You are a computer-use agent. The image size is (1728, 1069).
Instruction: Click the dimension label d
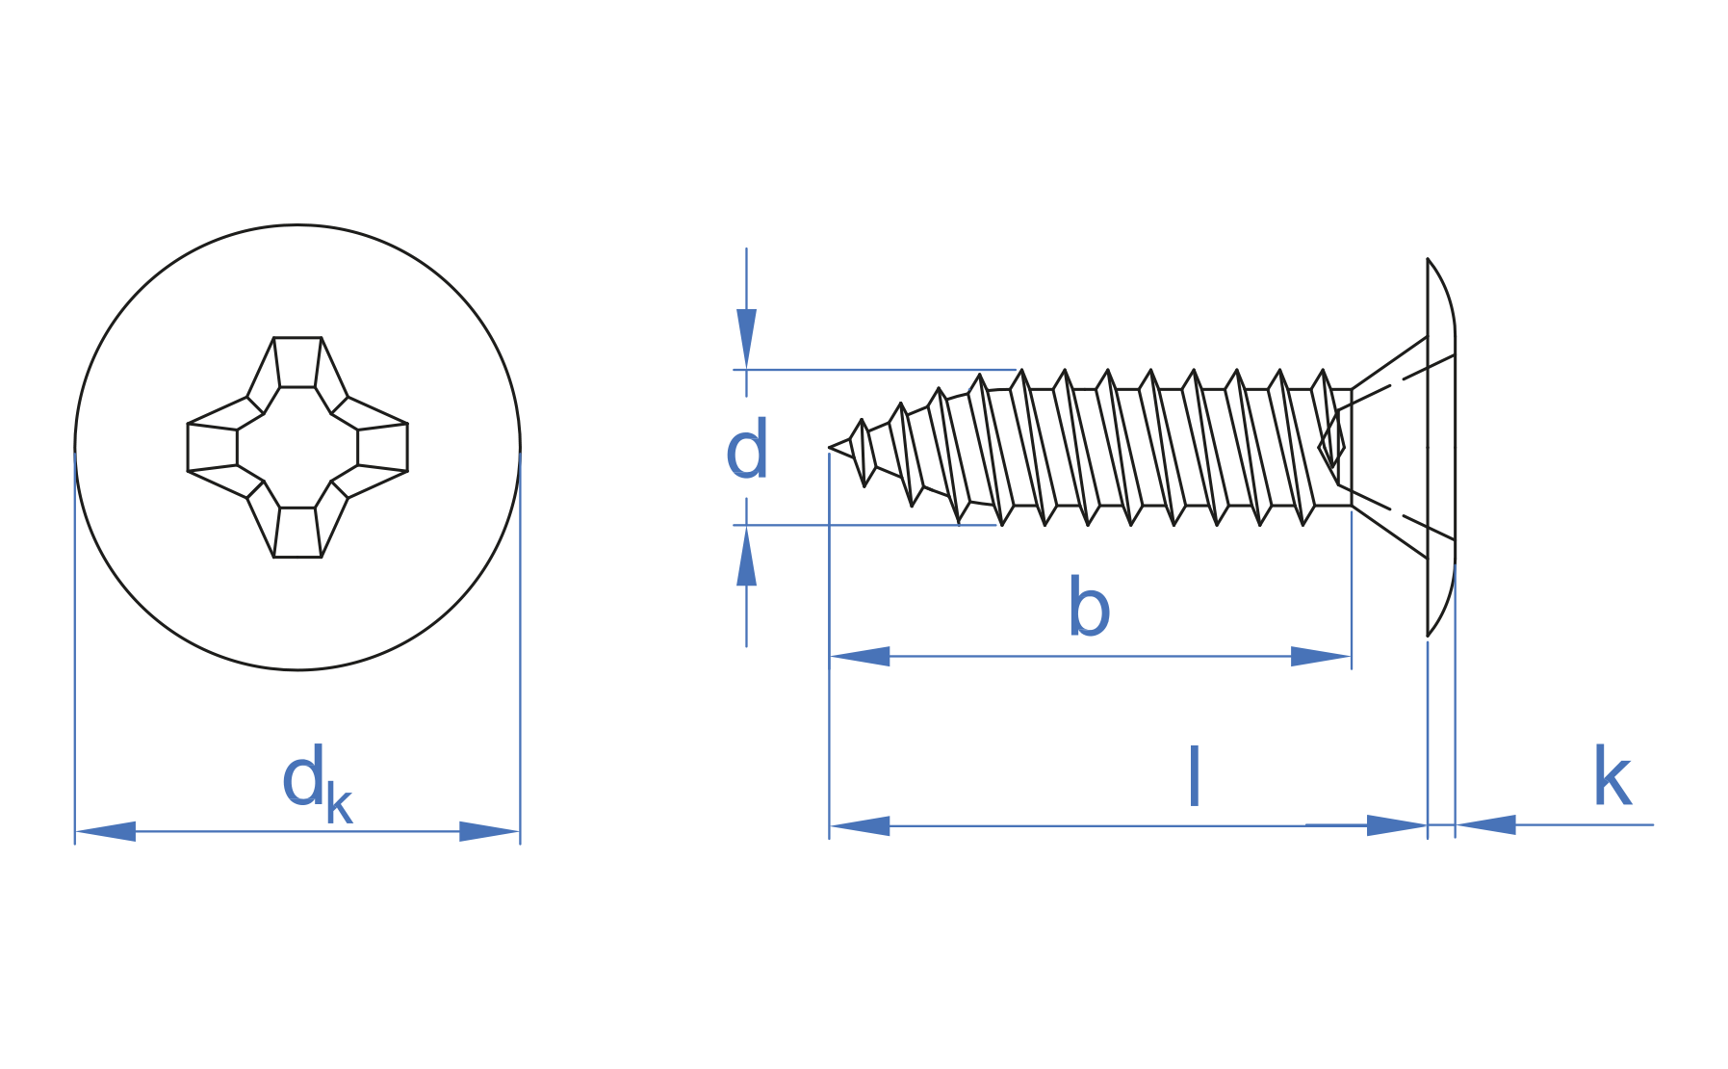pos(747,449)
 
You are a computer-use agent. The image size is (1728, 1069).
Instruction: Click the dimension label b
pos(1089,607)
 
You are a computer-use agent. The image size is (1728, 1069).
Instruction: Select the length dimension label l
pos(1195,776)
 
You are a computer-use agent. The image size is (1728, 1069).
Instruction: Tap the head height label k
pos(1612,776)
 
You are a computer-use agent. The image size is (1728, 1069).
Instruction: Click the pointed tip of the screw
pos(830,448)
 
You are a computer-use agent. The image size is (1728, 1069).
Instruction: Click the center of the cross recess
pos(297,447)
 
